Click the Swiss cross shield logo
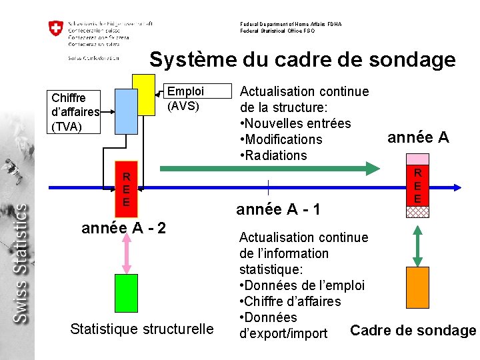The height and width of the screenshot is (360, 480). [55, 29]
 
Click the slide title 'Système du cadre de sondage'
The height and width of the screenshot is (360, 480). [302, 60]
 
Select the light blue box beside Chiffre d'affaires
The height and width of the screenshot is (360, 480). [125, 112]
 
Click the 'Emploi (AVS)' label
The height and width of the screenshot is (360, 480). [185, 98]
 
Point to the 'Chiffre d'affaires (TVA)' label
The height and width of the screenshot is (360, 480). [75, 112]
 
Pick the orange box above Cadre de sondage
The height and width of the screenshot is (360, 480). [418, 287]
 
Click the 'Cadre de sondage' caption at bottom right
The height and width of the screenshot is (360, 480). [413, 331]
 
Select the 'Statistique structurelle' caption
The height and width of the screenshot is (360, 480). [142, 329]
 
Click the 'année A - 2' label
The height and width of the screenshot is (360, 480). [123, 228]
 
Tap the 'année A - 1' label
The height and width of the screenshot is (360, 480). [279, 209]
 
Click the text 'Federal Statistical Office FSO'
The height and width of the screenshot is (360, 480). [277, 31]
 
